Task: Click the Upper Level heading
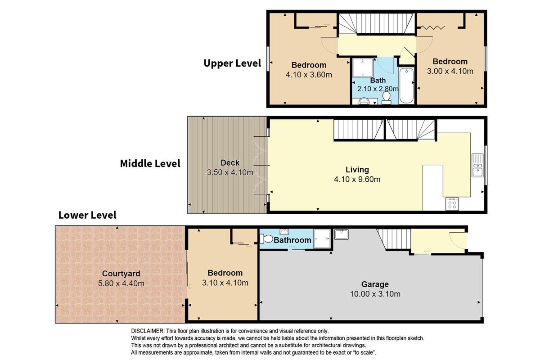point(232,63)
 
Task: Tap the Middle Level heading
point(150,163)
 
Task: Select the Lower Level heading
point(87,215)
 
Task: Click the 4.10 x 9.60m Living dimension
point(357,180)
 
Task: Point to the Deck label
point(230,163)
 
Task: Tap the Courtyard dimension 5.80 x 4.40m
point(121,283)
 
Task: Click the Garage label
point(375,284)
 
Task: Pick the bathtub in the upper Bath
point(406,85)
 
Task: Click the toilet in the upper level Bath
point(387,98)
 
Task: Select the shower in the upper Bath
point(363,67)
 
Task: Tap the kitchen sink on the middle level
point(477,166)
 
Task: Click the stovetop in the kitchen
point(452,204)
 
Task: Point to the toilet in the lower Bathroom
point(266,238)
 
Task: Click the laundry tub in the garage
point(341,234)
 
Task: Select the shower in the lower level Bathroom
point(322,238)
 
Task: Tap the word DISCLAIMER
point(147,331)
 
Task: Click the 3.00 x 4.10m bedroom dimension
point(450,71)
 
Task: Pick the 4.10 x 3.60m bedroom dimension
point(309,75)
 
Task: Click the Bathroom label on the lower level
point(292,240)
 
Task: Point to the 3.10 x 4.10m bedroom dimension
point(225,283)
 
